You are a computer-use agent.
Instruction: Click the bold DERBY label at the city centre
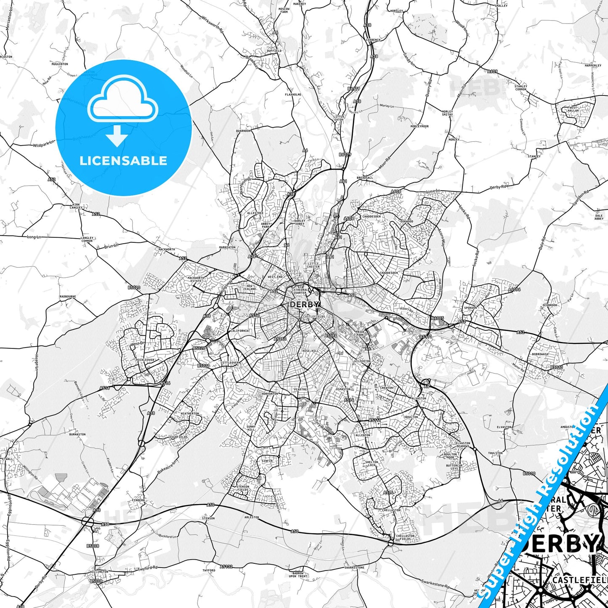point(304,305)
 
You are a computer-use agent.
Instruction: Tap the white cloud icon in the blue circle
point(123,99)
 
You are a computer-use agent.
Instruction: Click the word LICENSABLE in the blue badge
point(123,161)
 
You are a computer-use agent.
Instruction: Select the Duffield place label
point(274,51)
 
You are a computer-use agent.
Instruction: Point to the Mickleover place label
point(146,360)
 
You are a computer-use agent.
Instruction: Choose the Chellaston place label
point(391,510)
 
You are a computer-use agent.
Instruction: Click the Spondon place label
point(470,308)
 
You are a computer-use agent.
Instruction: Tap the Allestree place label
point(255,213)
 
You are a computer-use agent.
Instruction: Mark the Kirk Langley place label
point(76,206)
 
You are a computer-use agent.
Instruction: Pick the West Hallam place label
point(573,109)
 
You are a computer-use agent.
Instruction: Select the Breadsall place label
point(365,178)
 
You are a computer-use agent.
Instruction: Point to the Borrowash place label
point(540,354)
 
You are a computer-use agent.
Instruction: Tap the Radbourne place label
point(68,297)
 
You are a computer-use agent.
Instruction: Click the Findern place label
point(138,500)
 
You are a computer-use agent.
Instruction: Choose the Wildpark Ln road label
point(44,144)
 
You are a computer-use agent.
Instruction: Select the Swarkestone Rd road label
point(435,584)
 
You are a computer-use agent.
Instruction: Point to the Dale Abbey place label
point(599,217)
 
